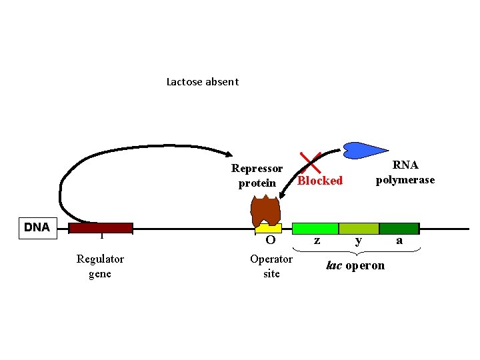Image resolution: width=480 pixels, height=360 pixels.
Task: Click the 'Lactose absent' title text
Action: click(x=202, y=82)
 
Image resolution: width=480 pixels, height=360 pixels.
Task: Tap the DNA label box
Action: click(x=37, y=227)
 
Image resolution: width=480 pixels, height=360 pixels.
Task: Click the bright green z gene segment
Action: click(x=315, y=228)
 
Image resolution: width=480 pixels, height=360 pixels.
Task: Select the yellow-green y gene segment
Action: click(x=359, y=228)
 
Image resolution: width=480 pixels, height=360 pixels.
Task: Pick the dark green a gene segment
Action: click(x=398, y=228)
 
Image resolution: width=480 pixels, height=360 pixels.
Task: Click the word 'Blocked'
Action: click(x=320, y=181)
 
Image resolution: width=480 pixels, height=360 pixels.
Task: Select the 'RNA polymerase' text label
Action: click(x=405, y=173)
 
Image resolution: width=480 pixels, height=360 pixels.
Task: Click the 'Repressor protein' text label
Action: click(x=257, y=176)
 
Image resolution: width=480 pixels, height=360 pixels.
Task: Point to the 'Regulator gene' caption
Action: click(x=100, y=266)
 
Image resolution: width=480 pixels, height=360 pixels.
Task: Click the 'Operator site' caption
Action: click(x=271, y=266)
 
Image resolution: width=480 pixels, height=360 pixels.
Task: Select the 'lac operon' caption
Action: click(x=355, y=265)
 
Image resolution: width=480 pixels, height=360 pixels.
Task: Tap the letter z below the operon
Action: click(x=317, y=241)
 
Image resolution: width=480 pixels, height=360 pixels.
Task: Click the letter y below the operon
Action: click(x=359, y=241)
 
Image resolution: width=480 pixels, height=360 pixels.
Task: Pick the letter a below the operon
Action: click(x=399, y=241)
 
